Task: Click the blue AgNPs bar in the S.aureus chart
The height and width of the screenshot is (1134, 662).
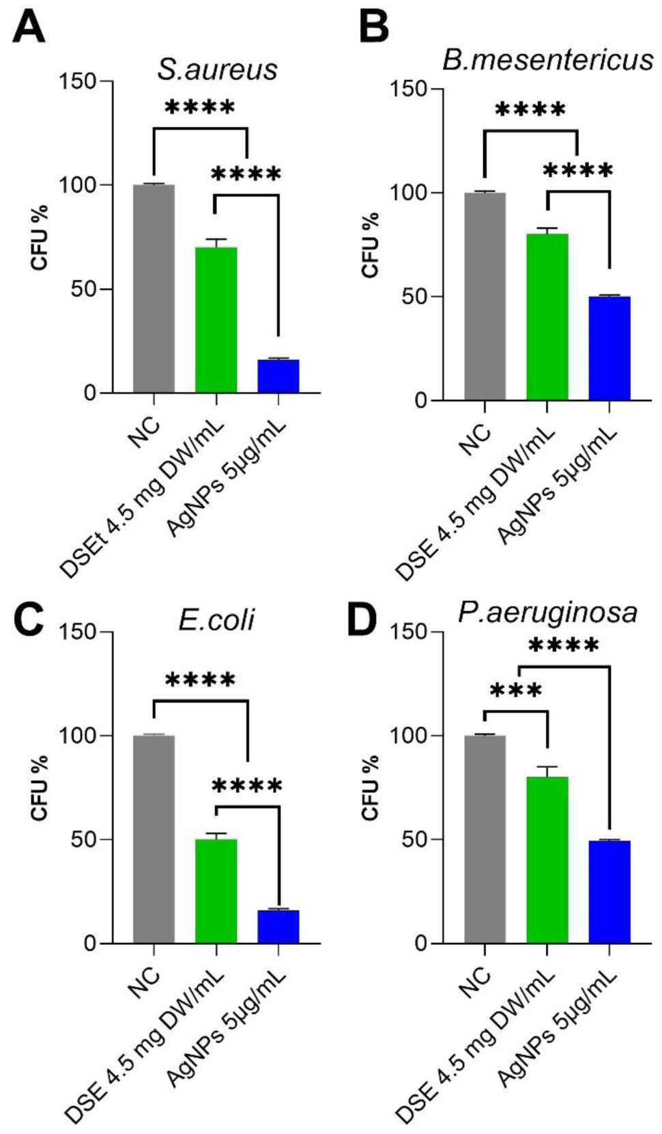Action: pyautogui.click(x=278, y=376)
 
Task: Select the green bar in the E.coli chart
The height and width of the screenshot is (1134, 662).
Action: pyautogui.click(x=216, y=891)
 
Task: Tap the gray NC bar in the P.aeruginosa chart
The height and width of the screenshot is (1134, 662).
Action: pyautogui.click(x=485, y=839)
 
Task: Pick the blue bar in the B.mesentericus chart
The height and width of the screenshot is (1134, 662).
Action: pyautogui.click(x=609, y=348)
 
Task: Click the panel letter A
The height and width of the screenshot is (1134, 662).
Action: pyautogui.click(x=29, y=29)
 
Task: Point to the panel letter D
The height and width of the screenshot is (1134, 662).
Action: pyautogui.click(x=362, y=620)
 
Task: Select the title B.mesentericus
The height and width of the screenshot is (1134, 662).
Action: pyautogui.click(x=547, y=60)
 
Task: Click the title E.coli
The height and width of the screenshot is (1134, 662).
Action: pyautogui.click(x=216, y=619)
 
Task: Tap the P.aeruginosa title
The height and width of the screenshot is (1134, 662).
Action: pyautogui.click(x=547, y=612)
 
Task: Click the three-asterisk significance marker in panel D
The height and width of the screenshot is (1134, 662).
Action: pyautogui.click(x=516, y=691)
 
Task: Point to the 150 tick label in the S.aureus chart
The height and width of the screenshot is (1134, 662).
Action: pyautogui.click(x=77, y=81)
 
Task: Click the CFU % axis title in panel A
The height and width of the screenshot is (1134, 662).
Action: pyautogui.click(x=40, y=237)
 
